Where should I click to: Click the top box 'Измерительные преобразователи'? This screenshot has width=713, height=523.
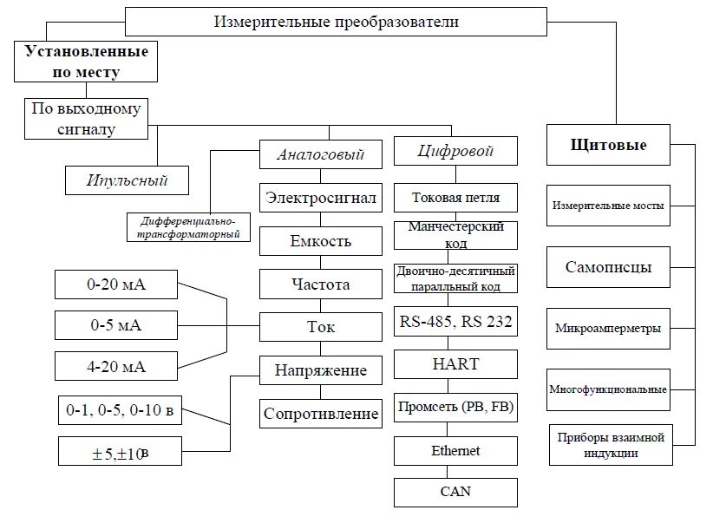point(337,22)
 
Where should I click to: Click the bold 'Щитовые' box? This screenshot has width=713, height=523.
point(609,145)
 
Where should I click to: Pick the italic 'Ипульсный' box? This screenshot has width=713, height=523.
point(128,181)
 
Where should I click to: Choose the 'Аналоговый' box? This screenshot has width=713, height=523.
point(321,155)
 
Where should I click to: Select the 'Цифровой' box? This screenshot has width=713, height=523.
point(455,151)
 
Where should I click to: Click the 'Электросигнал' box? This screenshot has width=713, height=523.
point(321,198)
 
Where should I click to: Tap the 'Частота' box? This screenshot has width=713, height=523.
point(321,284)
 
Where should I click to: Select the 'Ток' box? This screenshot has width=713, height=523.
point(321,327)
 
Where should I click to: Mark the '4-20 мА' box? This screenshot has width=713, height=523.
point(116,367)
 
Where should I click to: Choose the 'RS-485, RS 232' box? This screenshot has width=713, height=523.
point(455,323)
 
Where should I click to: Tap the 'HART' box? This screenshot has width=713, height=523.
point(455,364)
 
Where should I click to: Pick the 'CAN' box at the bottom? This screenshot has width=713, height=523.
point(455,493)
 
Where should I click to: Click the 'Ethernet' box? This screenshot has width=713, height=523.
point(455,451)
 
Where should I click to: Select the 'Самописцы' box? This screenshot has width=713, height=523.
point(609,267)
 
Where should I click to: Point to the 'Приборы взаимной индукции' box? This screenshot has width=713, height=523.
point(611,445)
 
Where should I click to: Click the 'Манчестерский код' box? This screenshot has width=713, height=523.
point(455,234)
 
